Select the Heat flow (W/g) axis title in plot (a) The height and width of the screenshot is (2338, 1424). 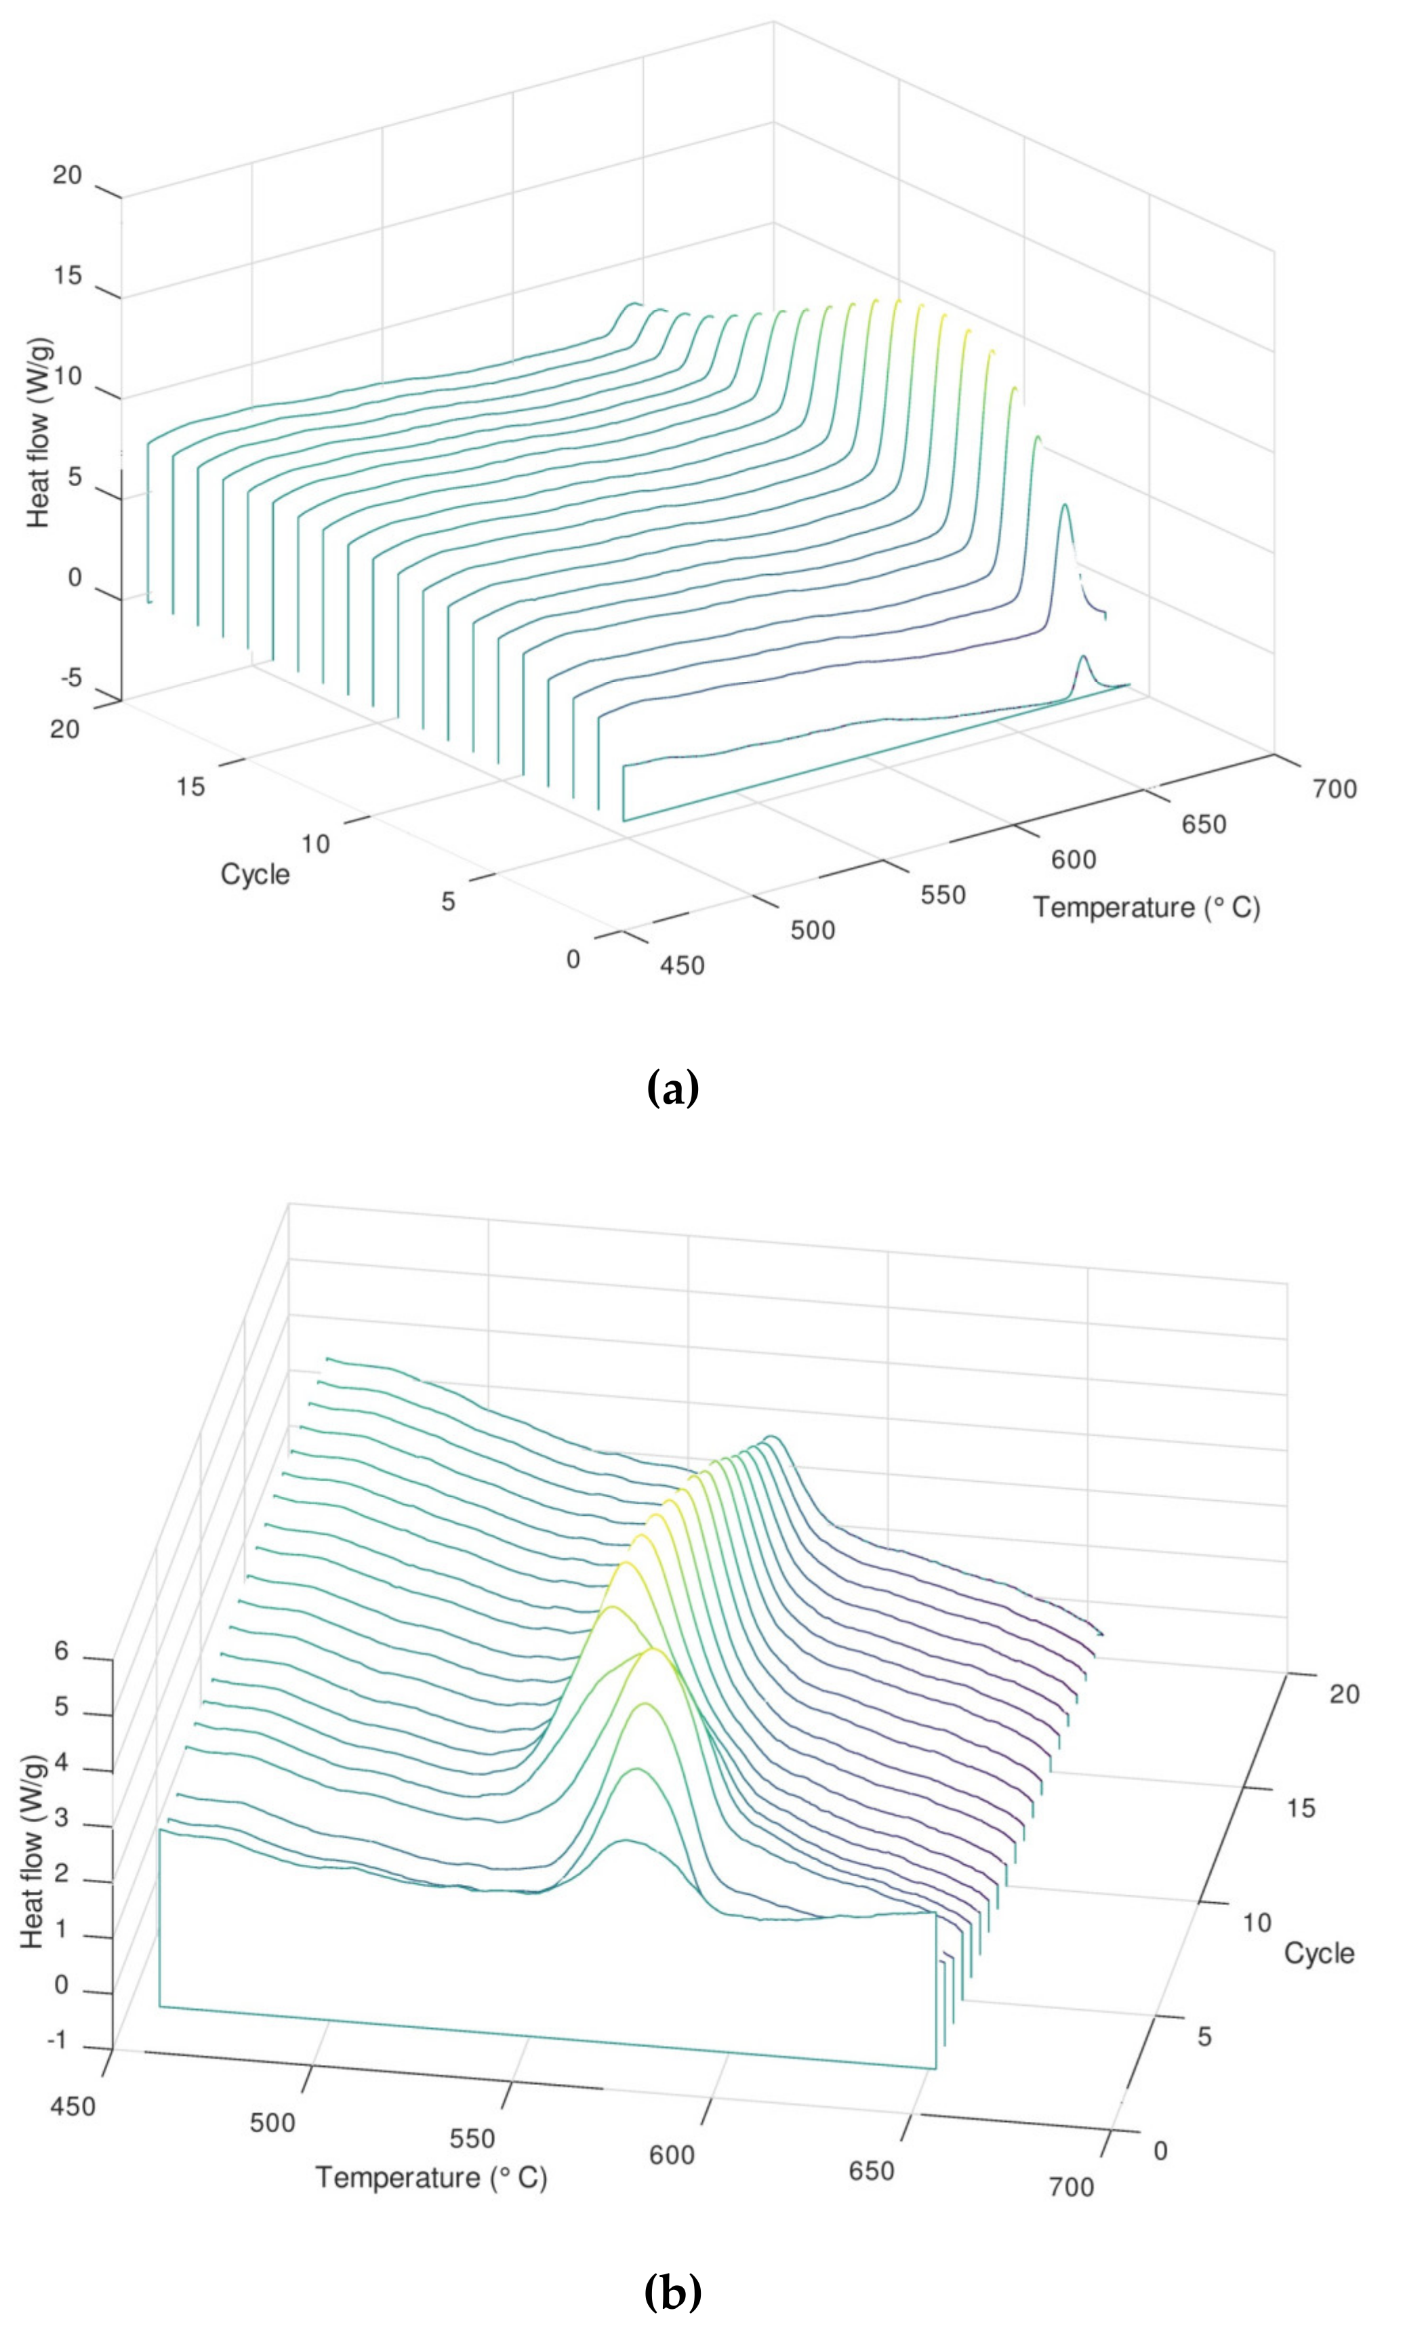point(39,432)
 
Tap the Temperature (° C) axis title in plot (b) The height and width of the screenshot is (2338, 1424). point(432,2177)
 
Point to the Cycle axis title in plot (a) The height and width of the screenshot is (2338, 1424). point(256,874)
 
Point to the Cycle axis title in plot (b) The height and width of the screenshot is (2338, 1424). point(1319,1953)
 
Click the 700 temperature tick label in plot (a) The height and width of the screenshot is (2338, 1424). point(1335,788)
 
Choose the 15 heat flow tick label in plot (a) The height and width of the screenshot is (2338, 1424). point(66,276)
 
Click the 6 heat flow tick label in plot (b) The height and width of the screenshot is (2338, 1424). point(62,1652)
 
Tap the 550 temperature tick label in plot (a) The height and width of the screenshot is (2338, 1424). point(943,895)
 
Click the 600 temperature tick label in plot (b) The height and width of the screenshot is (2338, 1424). point(672,2156)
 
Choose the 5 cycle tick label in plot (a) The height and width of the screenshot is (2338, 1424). point(449,902)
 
